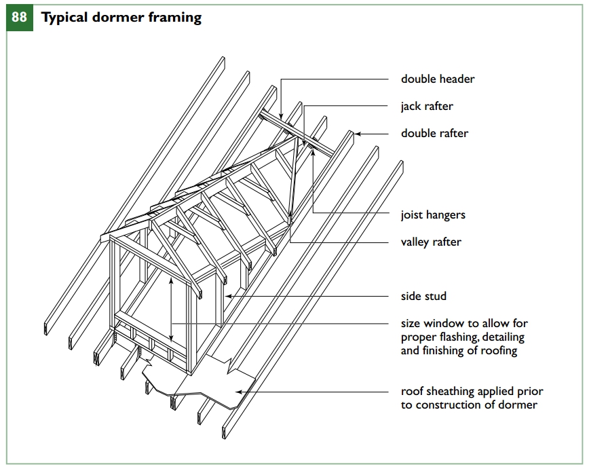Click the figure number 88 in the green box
point(20,17)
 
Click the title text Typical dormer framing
point(121,18)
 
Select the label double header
point(438,79)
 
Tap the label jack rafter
point(427,106)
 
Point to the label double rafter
point(434,133)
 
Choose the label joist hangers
point(433,215)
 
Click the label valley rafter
point(431,242)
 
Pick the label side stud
point(423,297)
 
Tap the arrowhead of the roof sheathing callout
point(235,392)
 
